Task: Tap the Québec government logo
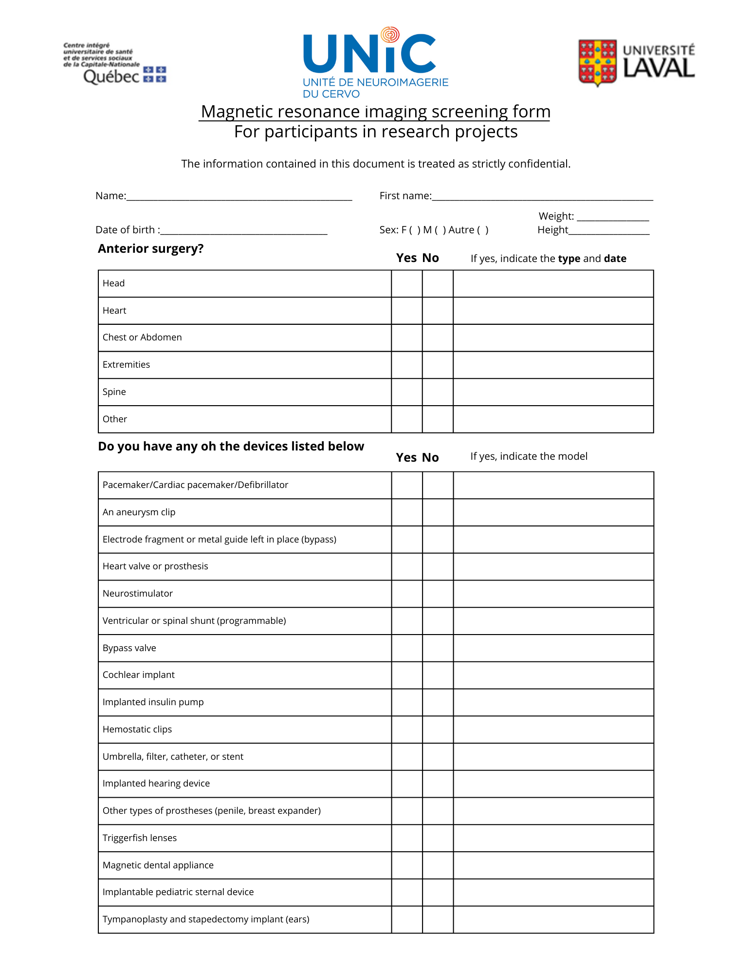[x=115, y=64]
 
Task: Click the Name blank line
[x=238, y=196]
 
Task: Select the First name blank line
[x=542, y=196]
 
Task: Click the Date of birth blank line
[x=244, y=230]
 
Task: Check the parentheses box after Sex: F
[x=415, y=230]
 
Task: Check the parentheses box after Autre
[x=483, y=230]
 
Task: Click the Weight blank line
[x=613, y=217]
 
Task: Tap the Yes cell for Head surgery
[x=406, y=283]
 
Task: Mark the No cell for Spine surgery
[x=438, y=392]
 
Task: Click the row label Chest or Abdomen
[x=142, y=337]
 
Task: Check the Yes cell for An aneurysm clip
[x=406, y=512]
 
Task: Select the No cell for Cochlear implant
[x=438, y=675]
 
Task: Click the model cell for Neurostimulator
[x=553, y=594]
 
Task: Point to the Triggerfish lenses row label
[x=140, y=838]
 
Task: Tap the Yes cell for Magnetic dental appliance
[x=406, y=865]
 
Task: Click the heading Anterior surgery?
[x=151, y=249]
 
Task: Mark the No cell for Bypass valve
[x=438, y=648]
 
